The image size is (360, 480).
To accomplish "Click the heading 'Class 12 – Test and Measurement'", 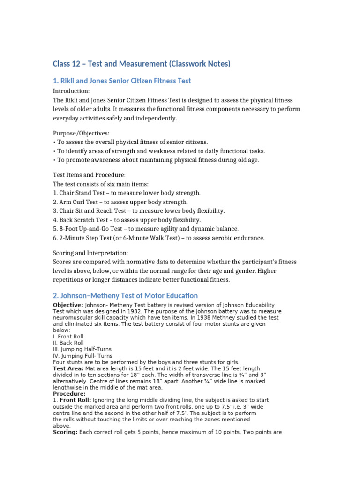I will point(141,64).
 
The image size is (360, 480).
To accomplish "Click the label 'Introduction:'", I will point(71,91).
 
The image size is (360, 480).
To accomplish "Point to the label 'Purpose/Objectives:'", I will point(81,133).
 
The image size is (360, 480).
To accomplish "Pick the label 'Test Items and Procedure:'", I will point(89,175).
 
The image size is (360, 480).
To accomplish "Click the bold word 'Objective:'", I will point(68,305).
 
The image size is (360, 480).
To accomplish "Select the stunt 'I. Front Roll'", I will point(68,337).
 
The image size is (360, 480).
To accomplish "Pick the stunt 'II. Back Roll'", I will point(68,343).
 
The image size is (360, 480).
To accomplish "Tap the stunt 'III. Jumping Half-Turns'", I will point(82,350).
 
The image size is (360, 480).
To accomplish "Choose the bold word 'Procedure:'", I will point(69,394).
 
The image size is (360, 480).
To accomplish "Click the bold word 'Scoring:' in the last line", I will point(65,433).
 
